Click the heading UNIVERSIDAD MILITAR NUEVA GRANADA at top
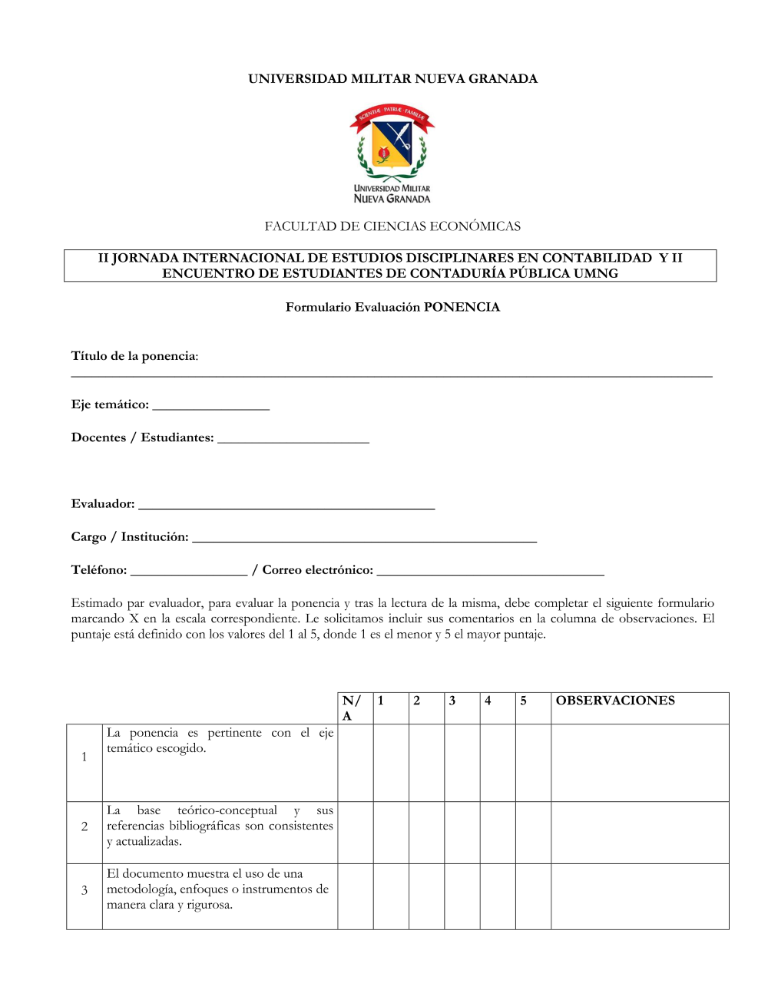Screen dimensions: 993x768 tap(392, 79)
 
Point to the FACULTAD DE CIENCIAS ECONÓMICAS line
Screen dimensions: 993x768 tap(392, 226)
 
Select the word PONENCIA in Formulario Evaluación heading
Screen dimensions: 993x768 tap(462, 307)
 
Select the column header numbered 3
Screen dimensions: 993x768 tap(452, 701)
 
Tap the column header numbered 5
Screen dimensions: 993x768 tap(524, 701)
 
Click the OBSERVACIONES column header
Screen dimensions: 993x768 tap(615, 701)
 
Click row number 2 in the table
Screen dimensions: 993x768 tap(84, 826)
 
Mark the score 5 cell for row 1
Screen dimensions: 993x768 tap(533, 763)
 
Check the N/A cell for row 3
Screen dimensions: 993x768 tap(356, 896)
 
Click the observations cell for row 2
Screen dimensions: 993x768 tap(640, 833)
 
